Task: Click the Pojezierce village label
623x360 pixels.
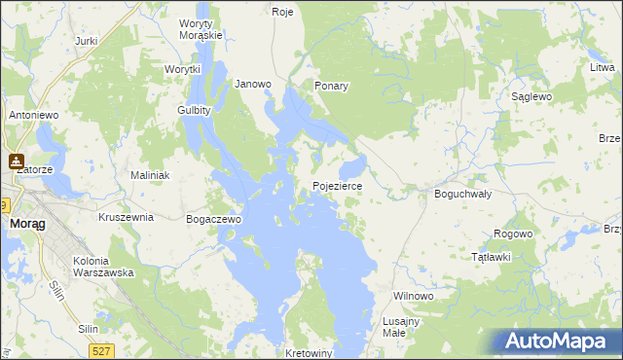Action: [x=337, y=185]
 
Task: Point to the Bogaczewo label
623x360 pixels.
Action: [x=213, y=220]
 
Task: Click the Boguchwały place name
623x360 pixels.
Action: [x=461, y=194]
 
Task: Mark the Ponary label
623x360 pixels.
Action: [x=331, y=86]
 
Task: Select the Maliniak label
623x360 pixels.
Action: [x=151, y=175]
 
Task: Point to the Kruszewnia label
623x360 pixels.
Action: [x=127, y=217]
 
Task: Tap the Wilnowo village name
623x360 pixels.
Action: [x=412, y=295]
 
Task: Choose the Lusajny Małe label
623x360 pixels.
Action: [x=401, y=327]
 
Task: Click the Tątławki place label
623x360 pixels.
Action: [x=491, y=257]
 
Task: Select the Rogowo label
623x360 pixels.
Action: [x=513, y=234]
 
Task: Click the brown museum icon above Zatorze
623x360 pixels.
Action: [x=17, y=162]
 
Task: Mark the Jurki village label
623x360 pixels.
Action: [x=87, y=41]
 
